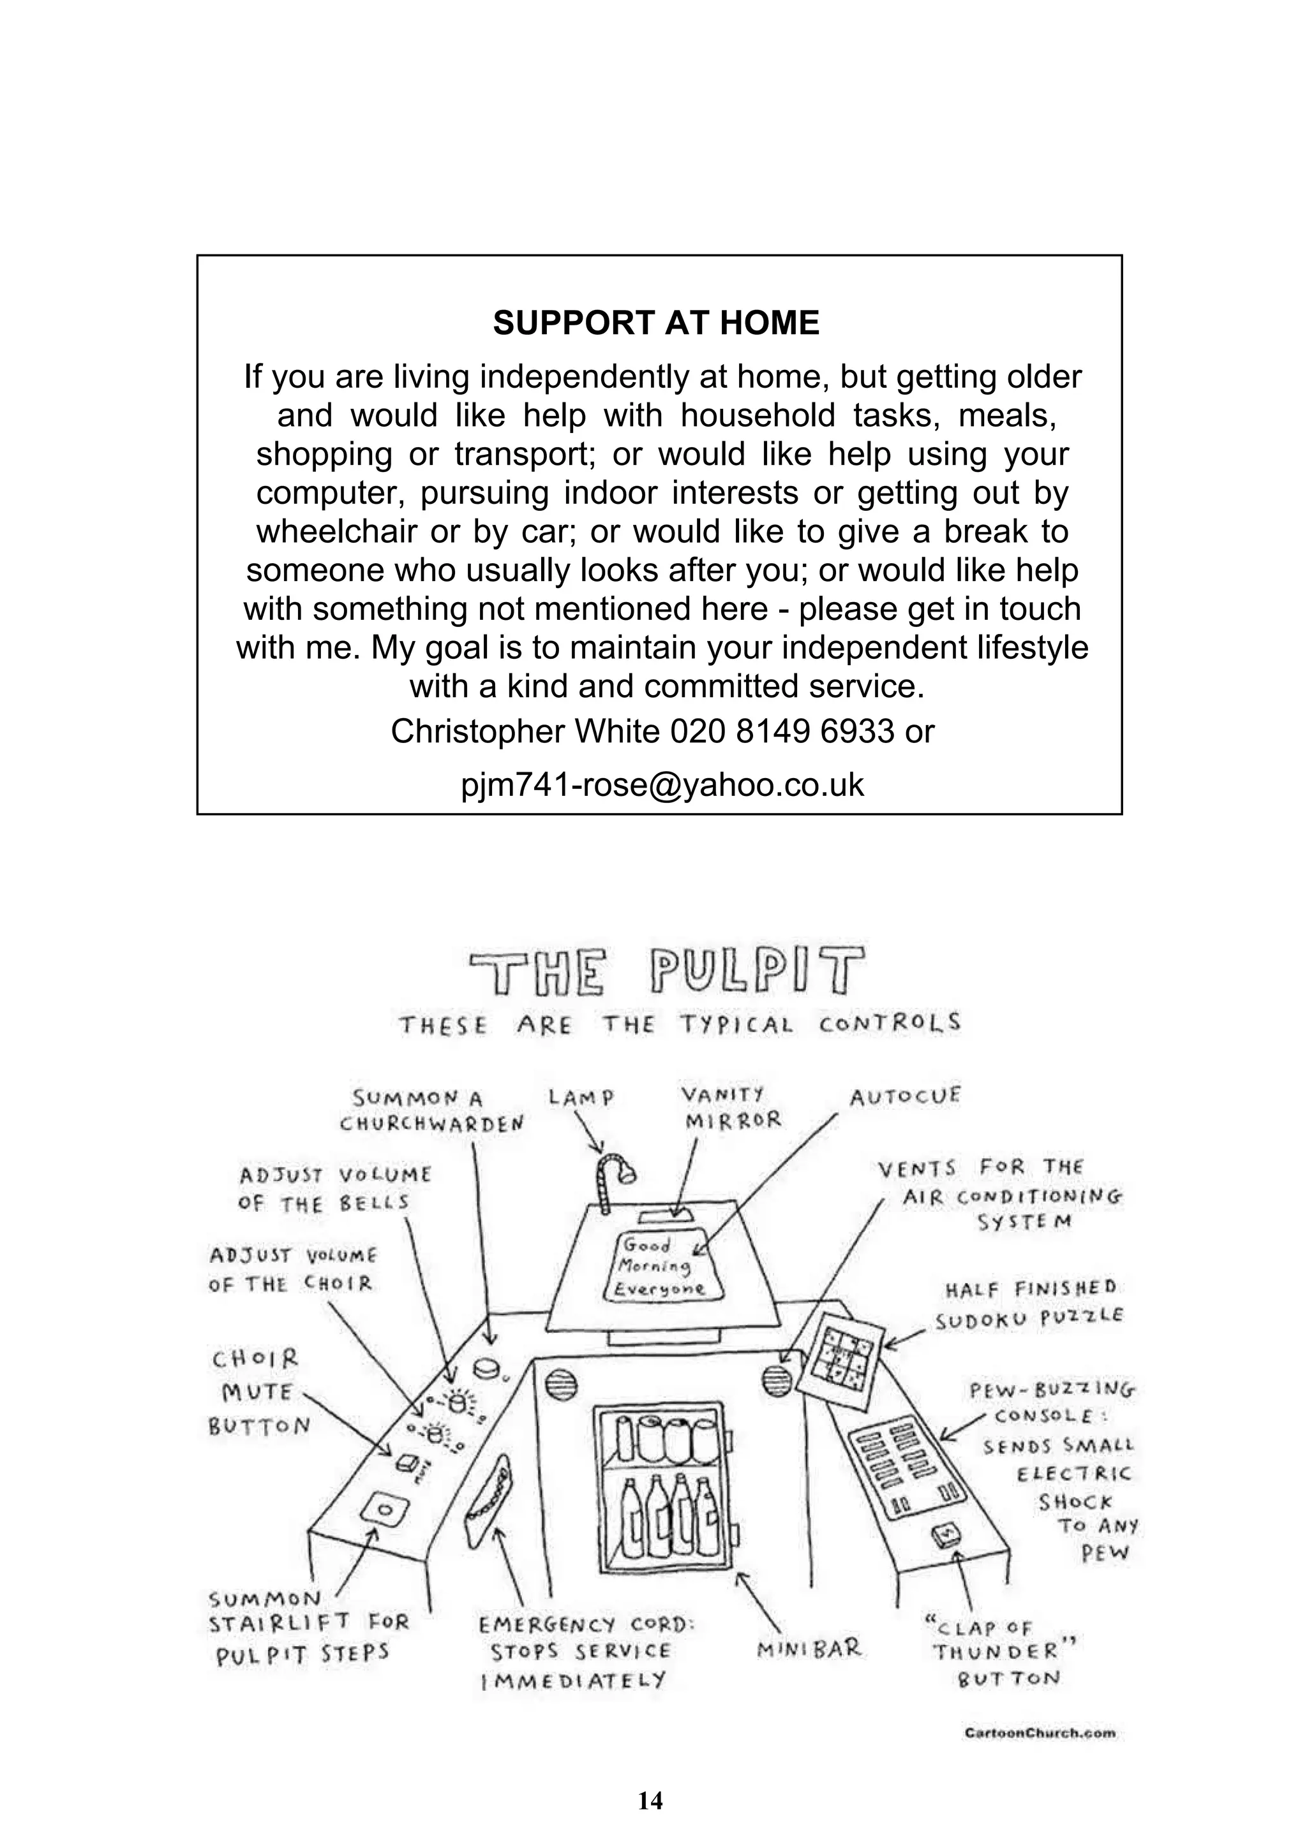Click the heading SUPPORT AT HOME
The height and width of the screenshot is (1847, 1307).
click(x=656, y=323)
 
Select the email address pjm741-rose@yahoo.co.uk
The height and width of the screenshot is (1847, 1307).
click(x=662, y=784)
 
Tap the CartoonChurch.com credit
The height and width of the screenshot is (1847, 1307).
click(x=1040, y=1733)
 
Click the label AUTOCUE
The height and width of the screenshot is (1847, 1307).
click(x=906, y=1096)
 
